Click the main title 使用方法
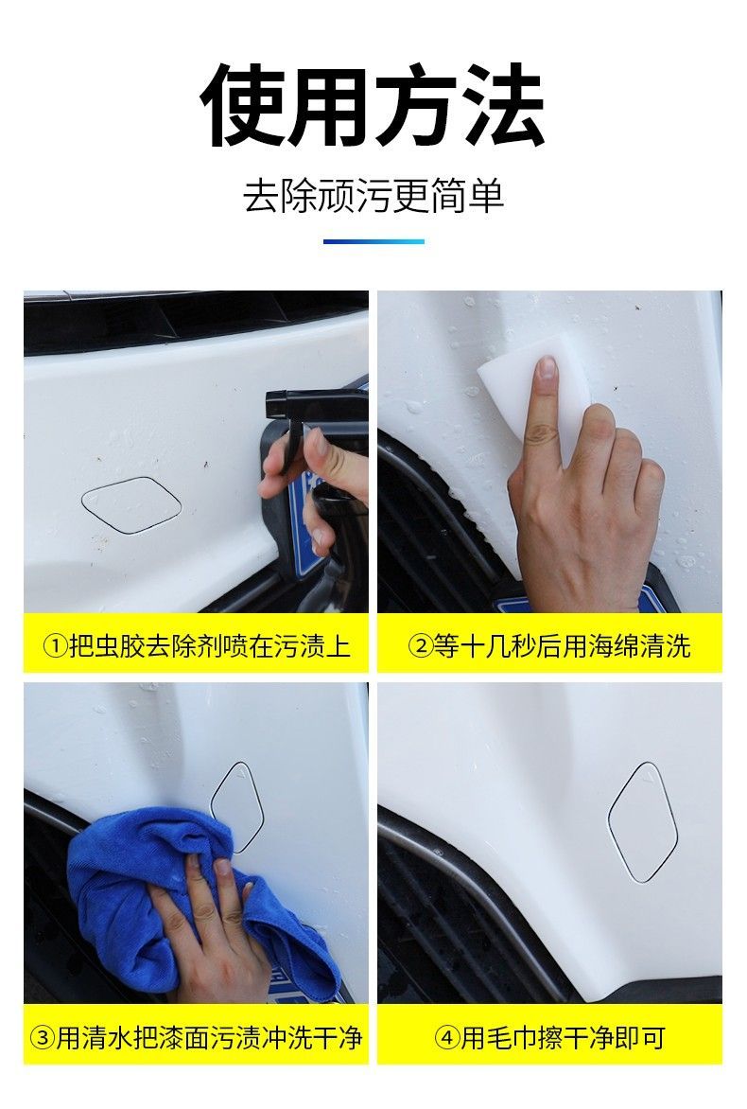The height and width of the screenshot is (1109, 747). click(x=373, y=105)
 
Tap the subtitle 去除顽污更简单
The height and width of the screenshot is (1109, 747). click(x=373, y=196)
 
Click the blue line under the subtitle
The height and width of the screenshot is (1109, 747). click(x=373, y=242)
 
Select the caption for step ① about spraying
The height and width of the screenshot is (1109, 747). click(x=197, y=645)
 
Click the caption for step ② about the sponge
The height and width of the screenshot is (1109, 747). click(x=549, y=645)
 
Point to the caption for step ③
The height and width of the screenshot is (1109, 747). click(x=197, y=1038)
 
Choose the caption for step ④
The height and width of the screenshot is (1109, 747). click(x=549, y=1038)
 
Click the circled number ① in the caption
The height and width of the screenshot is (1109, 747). click(x=55, y=646)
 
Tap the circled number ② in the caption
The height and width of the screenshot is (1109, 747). click(x=421, y=646)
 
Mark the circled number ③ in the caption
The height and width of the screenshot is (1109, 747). click(x=43, y=1038)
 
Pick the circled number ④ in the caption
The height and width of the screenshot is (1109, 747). click(x=446, y=1038)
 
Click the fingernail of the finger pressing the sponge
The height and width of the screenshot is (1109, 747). click(x=547, y=369)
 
